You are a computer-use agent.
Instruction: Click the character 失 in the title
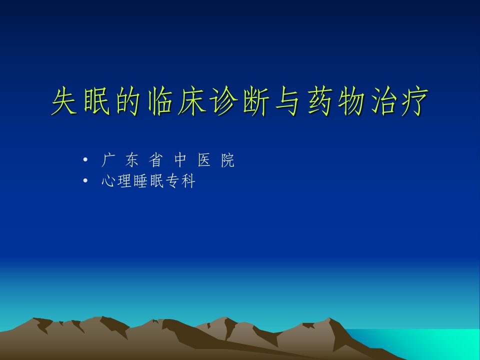64,100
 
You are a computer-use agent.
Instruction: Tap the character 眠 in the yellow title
96,100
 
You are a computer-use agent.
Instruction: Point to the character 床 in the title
191,100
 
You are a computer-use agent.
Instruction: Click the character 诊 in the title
224,100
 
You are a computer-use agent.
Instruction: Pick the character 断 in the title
256,100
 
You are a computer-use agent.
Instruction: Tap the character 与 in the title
287,101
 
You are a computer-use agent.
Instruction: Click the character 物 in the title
351,100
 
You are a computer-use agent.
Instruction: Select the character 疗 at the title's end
415,100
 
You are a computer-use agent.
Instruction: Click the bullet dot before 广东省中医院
85,159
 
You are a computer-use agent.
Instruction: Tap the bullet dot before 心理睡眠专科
85,180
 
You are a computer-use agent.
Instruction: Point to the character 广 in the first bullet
107,160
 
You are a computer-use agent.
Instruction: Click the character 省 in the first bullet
155,160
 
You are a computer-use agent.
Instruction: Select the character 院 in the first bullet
228,160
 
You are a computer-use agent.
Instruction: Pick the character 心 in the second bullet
108,181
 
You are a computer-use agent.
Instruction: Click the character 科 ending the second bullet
188,181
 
